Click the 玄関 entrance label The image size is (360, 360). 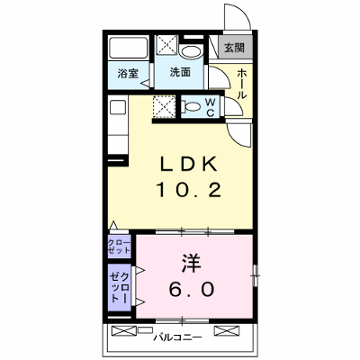235,48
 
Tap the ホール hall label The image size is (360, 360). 242,84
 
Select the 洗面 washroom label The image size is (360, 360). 180,72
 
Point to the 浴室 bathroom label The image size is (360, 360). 128,73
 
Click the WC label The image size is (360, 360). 211,107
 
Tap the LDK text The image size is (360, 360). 189,165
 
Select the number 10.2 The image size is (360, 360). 189,190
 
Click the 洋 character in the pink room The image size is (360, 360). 191,264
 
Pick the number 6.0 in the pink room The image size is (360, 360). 192,290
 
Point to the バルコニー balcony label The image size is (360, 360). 177,337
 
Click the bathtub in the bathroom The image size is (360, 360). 128,48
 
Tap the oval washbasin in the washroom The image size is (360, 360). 192,51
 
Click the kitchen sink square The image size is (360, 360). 118,107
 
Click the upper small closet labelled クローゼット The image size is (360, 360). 119,247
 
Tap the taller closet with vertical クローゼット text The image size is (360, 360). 119,287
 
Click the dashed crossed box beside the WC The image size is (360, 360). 164,106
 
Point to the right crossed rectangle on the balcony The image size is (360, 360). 227,330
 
